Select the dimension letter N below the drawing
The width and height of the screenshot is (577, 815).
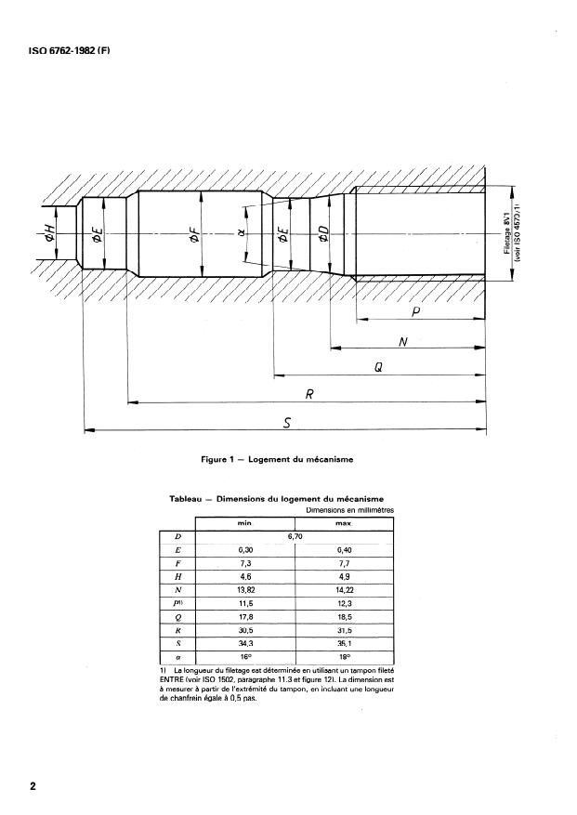(402, 341)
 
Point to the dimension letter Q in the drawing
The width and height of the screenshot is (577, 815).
(379, 367)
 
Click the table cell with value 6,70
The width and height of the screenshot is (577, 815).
(295, 536)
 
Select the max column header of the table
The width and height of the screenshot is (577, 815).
(343, 523)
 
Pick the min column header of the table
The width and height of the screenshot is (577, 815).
(245, 523)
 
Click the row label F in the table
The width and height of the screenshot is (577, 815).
(177, 563)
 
